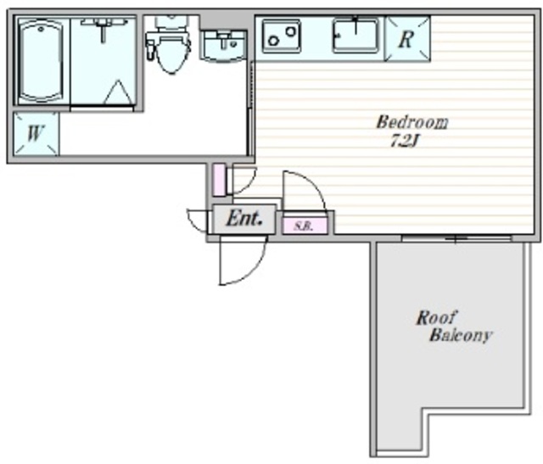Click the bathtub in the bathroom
tap(41, 61)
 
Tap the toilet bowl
tap(171, 54)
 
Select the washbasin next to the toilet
tap(223, 46)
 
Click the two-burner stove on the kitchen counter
tap(282, 36)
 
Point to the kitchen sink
tap(355, 36)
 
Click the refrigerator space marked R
tap(407, 39)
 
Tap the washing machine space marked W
tap(36, 133)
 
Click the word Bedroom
tap(412, 122)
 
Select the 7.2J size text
tap(405, 141)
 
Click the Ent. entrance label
tap(244, 219)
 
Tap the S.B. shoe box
tap(305, 226)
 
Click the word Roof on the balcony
tap(436, 317)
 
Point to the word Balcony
tap(461, 335)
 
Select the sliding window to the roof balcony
tap(456, 238)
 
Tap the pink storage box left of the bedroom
tap(219, 180)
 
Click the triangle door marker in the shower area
tap(118, 92)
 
